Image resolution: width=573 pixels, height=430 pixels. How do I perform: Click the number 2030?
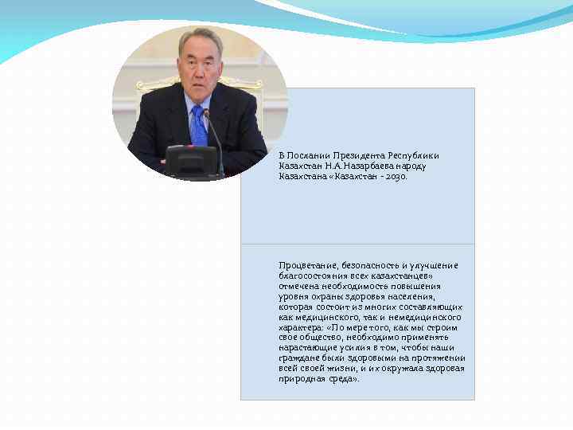[396, 176]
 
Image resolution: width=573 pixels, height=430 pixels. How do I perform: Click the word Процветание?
[308, 265]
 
